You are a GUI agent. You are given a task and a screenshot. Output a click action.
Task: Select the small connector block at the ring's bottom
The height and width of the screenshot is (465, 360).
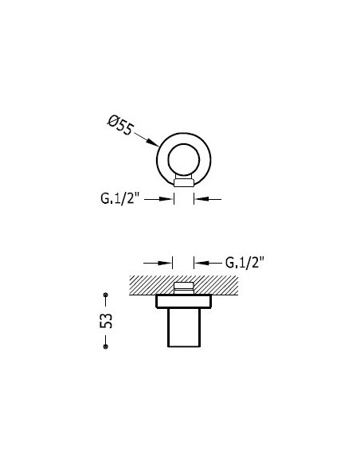click(x=184, y=182)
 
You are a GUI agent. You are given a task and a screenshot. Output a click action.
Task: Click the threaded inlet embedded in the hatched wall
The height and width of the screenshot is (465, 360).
click(x=184, y=287)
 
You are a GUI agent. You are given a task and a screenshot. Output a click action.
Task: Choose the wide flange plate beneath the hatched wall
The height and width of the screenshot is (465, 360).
click(x=184, y=302)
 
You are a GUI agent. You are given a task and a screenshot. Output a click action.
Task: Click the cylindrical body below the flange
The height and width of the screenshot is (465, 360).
click(x=184, y=327)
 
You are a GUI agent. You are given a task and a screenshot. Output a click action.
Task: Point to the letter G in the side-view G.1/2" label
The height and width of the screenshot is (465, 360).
click(x=229, y=261)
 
